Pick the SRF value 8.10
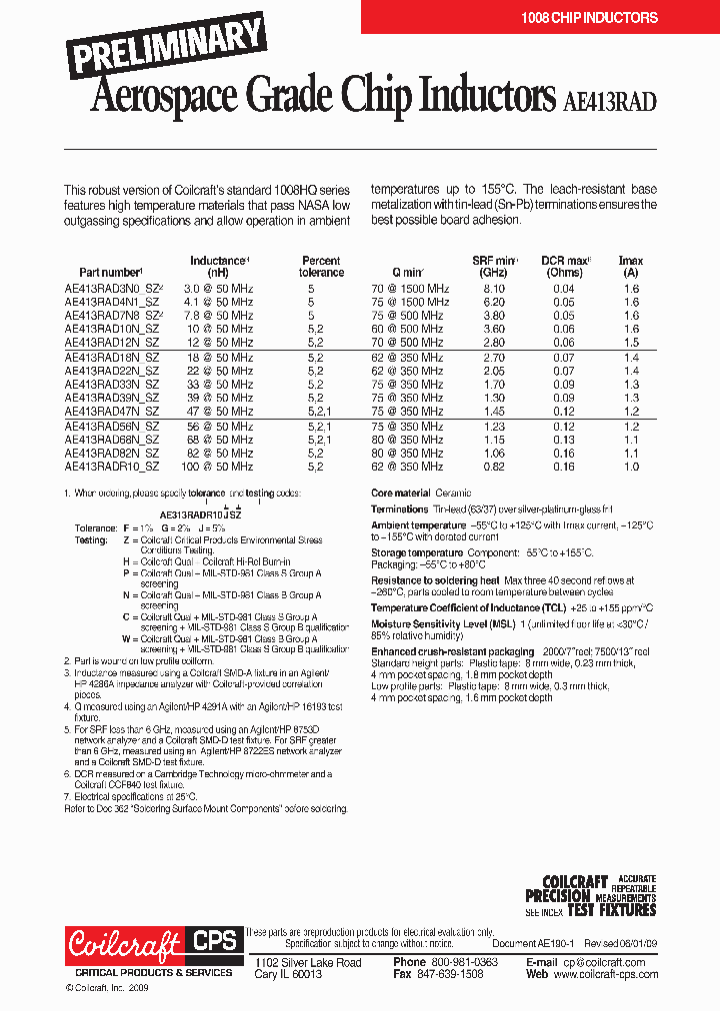pyautogui.click(x=494, y=288)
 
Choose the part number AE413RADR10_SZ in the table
pyautogui.click(x=112, y=466)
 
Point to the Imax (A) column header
pyautogui.click(x=630, y=267)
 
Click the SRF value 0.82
pyautogui.click(x=494, y=466)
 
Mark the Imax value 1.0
pyautogui.click(x=631, y=466)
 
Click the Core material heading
pyautogui.click(x=400, y=494)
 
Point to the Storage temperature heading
pyautogui.click(x=417, y=552)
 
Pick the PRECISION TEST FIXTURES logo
pyautogui.click(x=591, y=896)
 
